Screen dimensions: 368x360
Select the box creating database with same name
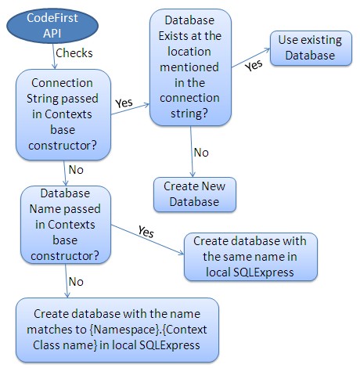click(250, 256)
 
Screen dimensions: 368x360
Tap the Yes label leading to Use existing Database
click(253, 66)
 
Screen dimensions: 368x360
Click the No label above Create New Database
click(200, 151)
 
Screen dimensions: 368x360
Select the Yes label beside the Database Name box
click(145, 232)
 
